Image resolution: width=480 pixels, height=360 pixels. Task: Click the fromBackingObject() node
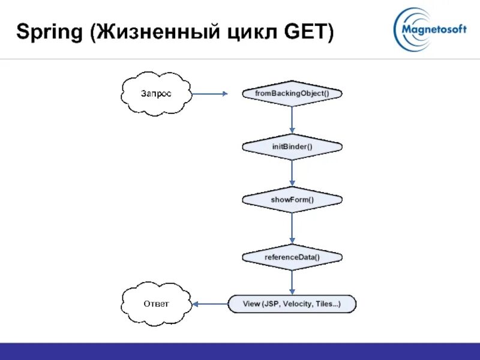tap(292, 94)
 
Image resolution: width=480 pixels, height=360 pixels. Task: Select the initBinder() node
tap(292, 146)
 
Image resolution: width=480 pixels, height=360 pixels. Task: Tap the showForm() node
tap(292, 199)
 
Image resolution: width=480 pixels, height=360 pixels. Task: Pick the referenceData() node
tap(292, 257)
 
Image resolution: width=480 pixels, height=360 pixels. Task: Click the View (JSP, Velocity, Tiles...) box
tap(292, 304)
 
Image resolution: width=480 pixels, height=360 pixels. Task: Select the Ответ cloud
tap(156, 304)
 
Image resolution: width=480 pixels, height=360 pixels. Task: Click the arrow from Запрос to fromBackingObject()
tap(210, 94)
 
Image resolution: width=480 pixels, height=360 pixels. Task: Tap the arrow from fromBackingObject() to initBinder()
tap(292, 120)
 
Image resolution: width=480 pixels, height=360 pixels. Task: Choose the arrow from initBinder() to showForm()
tap(292, 173)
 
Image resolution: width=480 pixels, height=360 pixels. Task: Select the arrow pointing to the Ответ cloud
tap(209, 304)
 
